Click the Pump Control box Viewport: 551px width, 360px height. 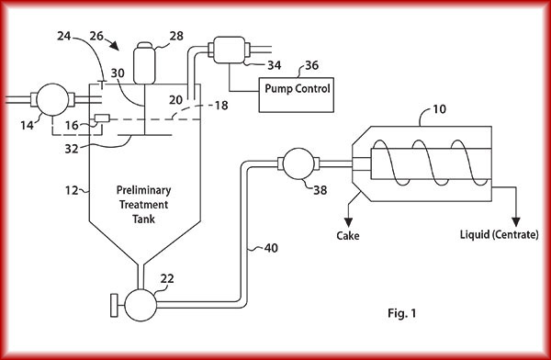pos(297,95)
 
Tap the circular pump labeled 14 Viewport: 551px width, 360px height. pos(52,99)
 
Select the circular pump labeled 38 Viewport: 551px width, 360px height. pos(298,163)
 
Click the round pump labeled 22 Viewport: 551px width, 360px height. pos(141,305)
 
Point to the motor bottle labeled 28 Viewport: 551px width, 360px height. pos(144,63)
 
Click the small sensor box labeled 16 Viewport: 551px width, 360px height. pos(102,118)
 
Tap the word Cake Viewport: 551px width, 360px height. pos(348,235)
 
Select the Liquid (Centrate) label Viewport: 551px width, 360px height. pos(499,234)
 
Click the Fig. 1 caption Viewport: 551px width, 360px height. pos(402,313)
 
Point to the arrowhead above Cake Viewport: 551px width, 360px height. pos(348,222)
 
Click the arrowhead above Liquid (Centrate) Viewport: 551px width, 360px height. pos(516,222)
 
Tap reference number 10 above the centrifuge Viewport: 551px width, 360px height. pos(439,109)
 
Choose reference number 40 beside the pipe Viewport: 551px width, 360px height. pos(271,248)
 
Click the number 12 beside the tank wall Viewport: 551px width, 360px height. pos(72,190)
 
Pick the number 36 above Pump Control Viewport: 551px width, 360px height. pos(311,65)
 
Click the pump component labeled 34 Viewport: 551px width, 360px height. pos(229,50)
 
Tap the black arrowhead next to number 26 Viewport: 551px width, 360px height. pos(114,45)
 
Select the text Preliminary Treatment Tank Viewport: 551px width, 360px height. pos(144,205)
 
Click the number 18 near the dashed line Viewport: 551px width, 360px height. pos(221,105)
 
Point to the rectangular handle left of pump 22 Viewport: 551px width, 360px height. pos(114,305)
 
